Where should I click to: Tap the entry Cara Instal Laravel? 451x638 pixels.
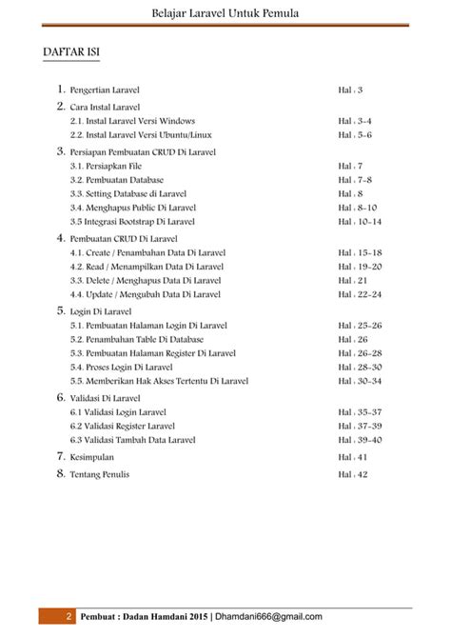click(x=105, y=109)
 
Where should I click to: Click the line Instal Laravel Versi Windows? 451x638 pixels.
click(x=132, y=123)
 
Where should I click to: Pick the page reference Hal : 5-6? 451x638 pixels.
click(x=355, y=136)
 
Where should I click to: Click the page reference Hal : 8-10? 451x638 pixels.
click(x=358, y=207)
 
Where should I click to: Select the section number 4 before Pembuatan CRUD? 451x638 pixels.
click(x=60, y=238)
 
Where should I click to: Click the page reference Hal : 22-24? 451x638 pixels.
click(x=360, y=295)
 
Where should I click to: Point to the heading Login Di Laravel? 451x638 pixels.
click(x=100, y=311)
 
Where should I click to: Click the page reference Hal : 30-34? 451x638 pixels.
click(x=360, y=381)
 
